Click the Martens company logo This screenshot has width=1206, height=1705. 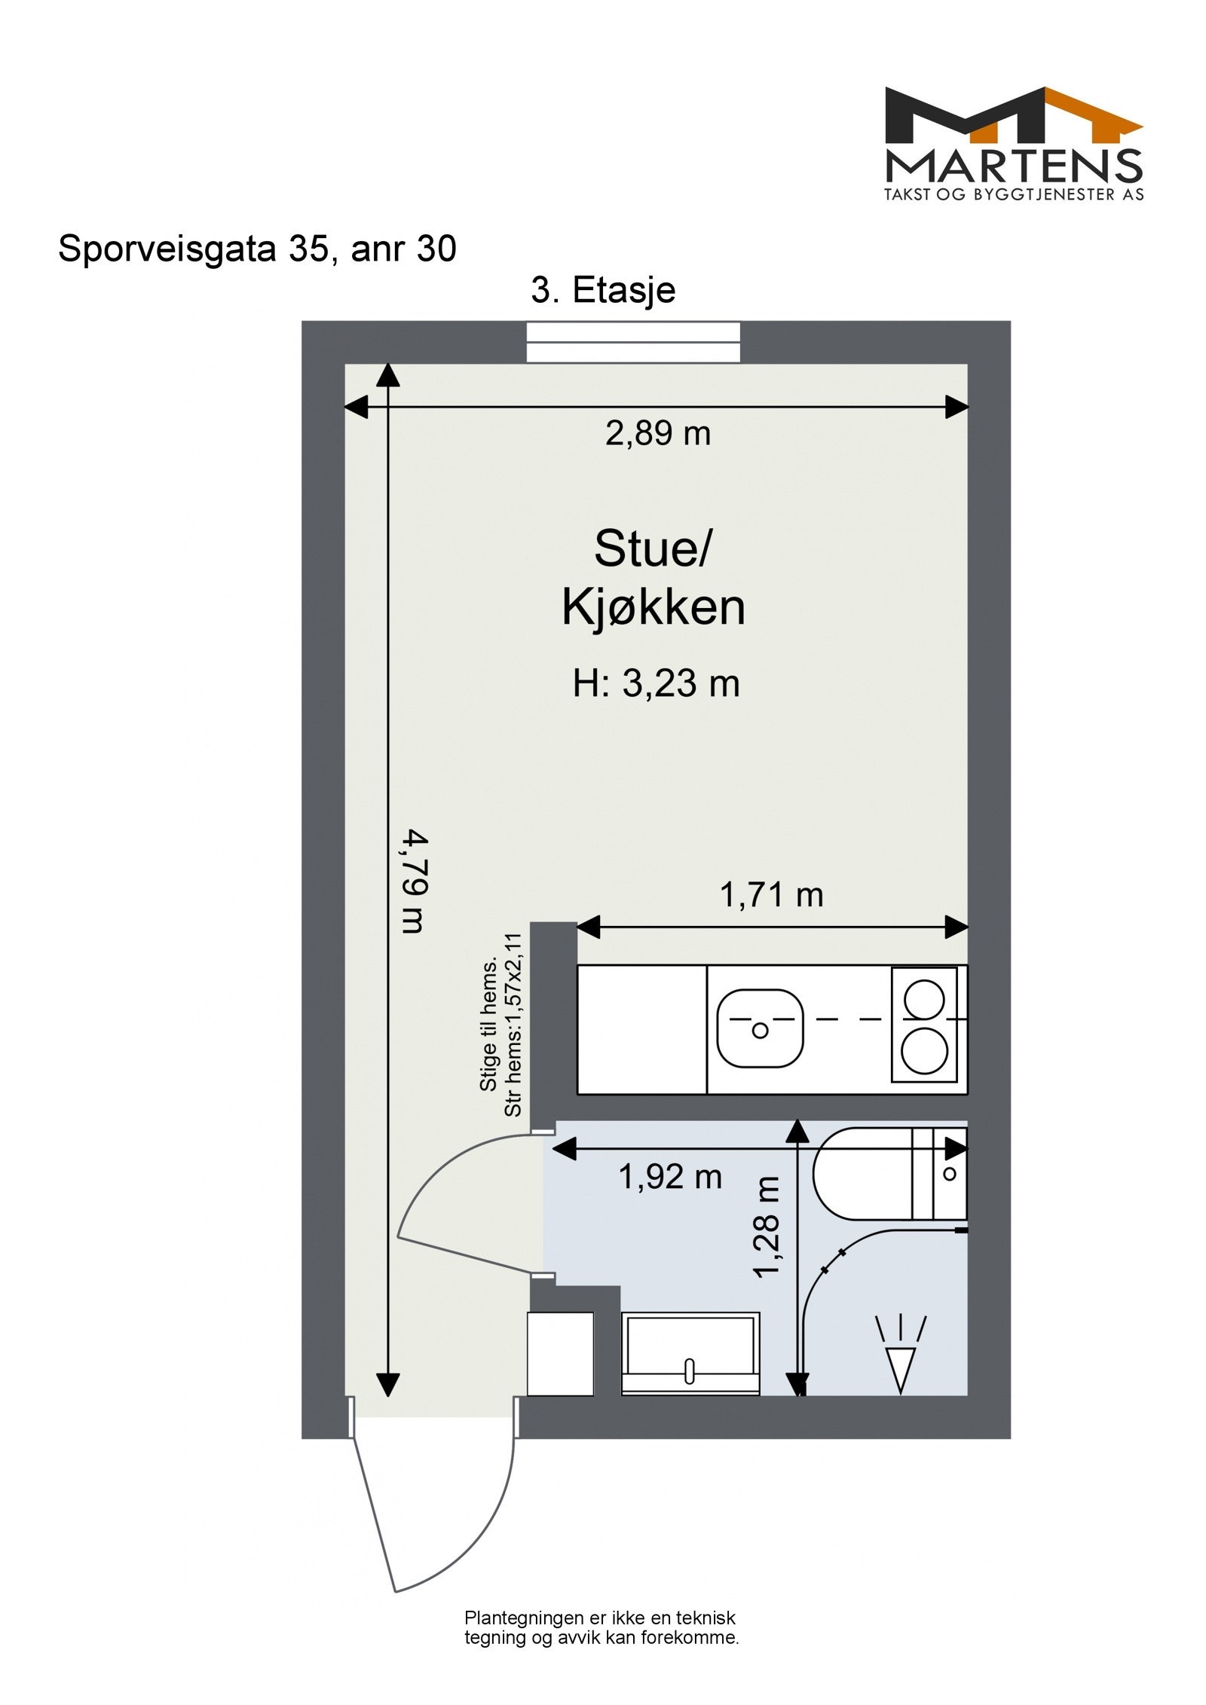pos(1013,144)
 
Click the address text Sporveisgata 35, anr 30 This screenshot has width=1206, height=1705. pos(257,249)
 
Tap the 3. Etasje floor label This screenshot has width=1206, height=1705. pos(603,290)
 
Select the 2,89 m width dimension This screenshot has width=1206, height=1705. pos(657,433)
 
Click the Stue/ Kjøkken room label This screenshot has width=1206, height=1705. pos(653,578)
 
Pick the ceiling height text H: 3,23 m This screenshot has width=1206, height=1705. pos(656,684)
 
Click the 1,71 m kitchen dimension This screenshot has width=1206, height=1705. pos(771,895)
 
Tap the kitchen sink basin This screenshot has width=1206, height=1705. pos(760,1028)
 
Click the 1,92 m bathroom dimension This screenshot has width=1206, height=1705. pos(670,1176)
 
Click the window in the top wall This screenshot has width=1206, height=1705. pos(632,343)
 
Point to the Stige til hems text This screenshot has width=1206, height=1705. pos(488,1025)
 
